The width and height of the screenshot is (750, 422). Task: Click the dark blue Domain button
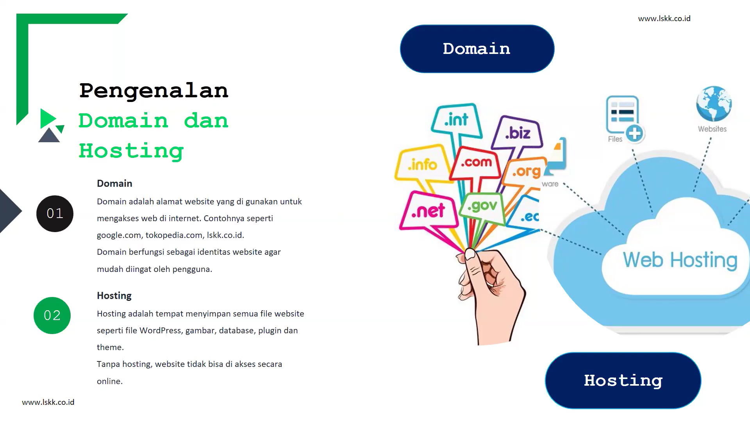(477, 49)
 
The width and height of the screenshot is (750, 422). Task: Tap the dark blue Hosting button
(623, 381)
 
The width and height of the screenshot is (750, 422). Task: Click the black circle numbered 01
(55, 213)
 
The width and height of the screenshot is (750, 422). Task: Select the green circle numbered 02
(52, 315)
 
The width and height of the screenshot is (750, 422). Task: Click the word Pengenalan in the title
(154, 91)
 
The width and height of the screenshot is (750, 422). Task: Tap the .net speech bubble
(428, 211)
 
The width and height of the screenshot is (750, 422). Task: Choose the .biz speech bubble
(518, 133)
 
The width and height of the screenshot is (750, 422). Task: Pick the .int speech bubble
(456, 120)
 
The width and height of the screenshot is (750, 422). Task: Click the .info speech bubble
(422, 165)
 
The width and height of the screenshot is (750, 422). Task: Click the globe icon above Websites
(714, 104)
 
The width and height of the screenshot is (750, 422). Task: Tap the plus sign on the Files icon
(634, 134)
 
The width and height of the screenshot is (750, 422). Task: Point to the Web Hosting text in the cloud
(680, 260)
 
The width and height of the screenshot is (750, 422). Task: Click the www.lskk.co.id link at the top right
(664, 18)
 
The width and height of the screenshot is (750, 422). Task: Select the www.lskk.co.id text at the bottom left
(48, 402)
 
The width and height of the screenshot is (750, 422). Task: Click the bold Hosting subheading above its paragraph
(114, 296)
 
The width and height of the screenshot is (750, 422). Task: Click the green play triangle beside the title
(48, 118)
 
